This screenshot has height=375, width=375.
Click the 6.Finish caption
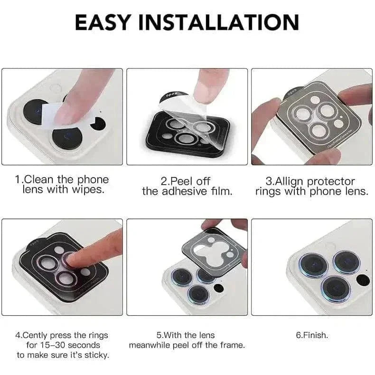tap(312, 335)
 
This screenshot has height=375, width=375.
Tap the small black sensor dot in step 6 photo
tap(363, 280)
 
